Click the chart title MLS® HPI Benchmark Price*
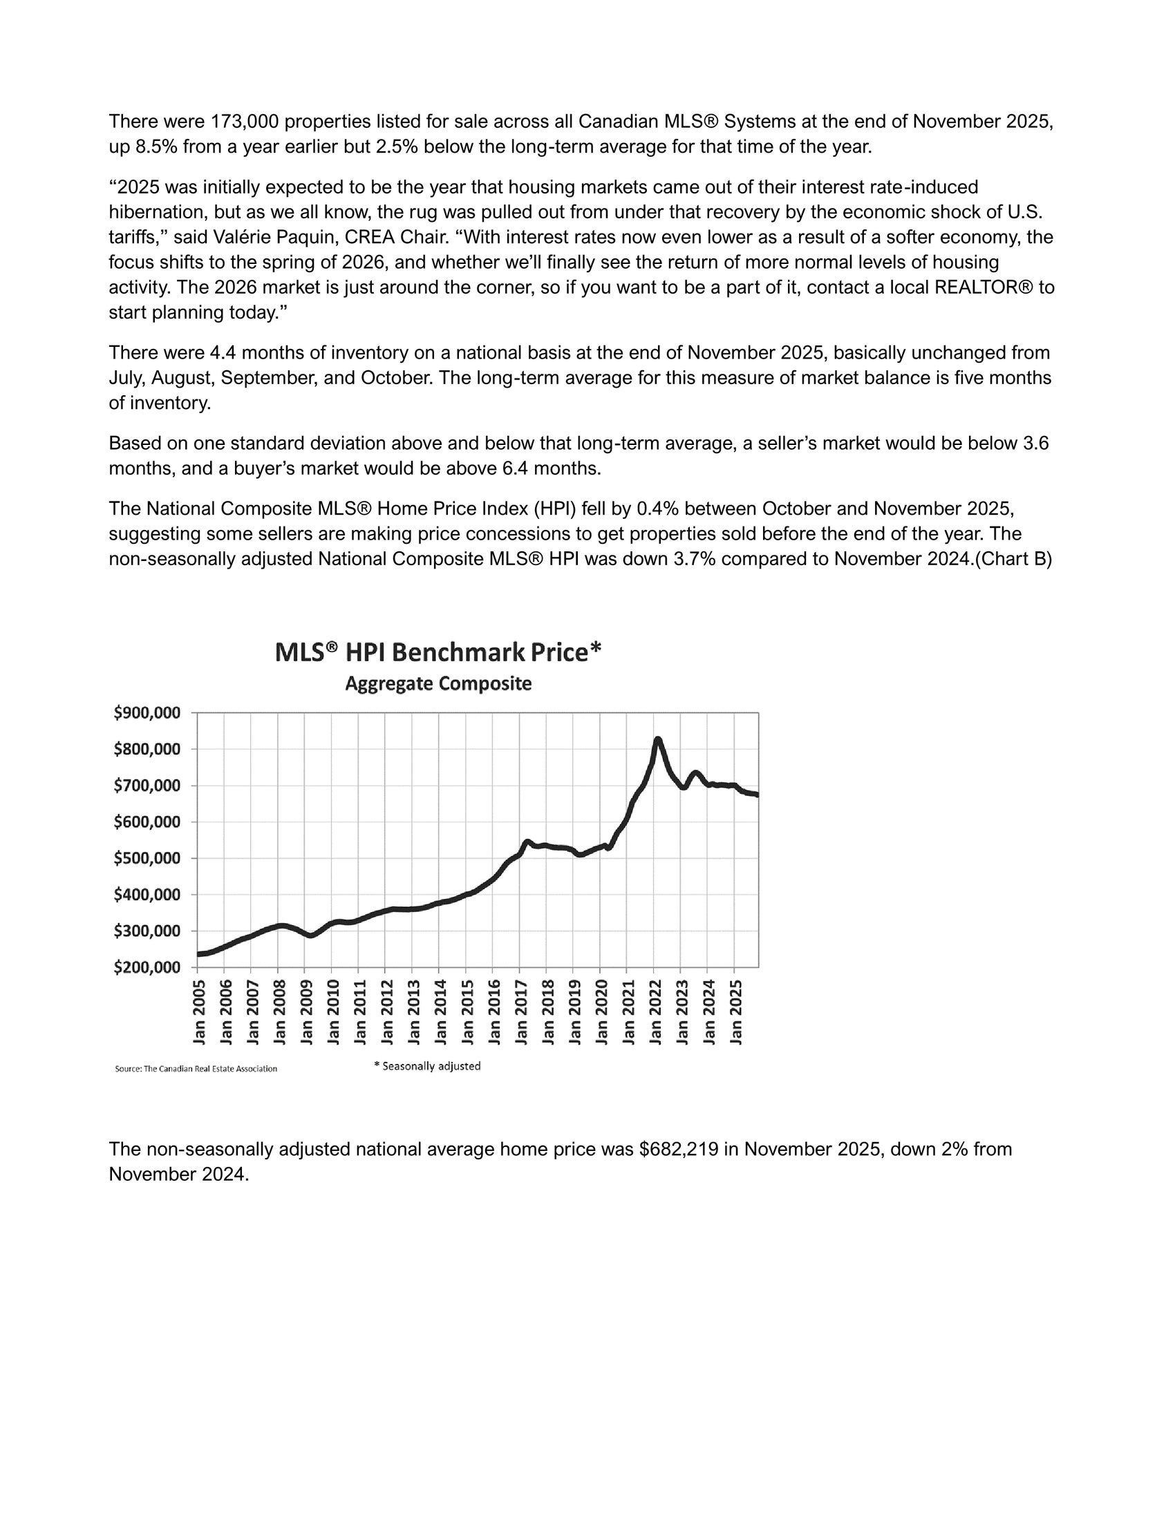pos(438,653)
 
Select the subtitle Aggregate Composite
pos(438,684)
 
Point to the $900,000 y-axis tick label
pos(147,713)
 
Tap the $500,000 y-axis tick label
pos(147,858)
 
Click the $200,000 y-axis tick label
pos(147,967)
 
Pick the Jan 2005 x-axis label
pos(200,1012)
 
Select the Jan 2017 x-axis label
pos(521,1012)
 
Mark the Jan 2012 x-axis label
pos(388,1012)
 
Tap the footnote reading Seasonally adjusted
pos(427,1066)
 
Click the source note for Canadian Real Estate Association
pos(196,1069)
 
